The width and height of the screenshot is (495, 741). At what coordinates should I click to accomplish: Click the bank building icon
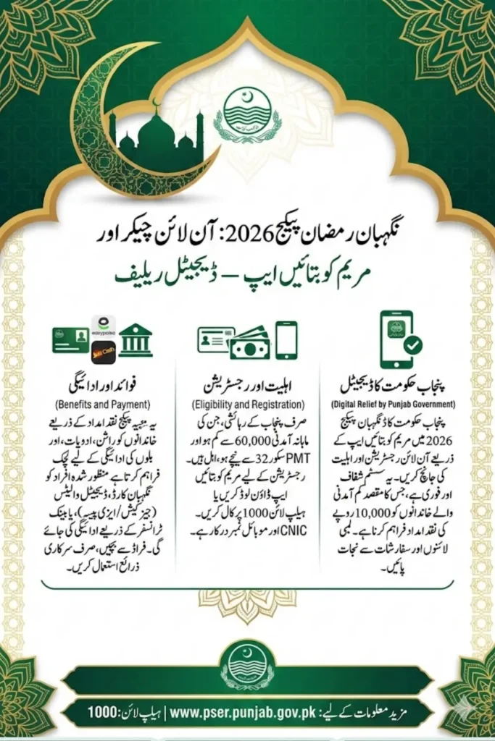136,339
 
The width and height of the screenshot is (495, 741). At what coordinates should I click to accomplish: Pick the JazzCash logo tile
104,352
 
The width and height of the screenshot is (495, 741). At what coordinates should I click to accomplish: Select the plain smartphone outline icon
286,339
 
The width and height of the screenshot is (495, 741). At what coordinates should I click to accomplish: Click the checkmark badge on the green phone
413,346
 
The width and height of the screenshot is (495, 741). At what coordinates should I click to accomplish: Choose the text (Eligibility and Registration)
248,402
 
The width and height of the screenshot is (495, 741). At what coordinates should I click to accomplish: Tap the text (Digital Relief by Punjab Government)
393,402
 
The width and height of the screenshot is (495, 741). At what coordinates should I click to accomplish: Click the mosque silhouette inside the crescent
157,135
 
